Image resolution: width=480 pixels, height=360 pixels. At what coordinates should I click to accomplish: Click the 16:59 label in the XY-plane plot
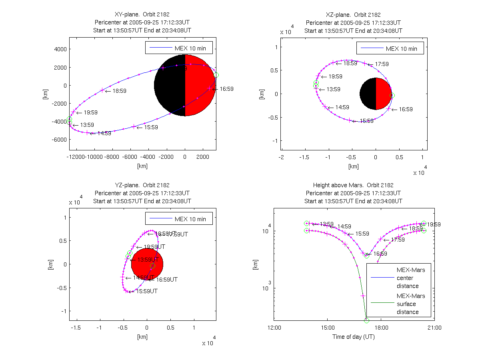coord(226,89)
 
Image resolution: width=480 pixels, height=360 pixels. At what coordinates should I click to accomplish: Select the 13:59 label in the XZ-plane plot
coord(333,90)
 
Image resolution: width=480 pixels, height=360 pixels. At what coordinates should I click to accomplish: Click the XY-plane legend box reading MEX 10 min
coord(178,48)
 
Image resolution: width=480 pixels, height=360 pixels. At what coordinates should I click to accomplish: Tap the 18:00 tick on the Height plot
coord(380,327)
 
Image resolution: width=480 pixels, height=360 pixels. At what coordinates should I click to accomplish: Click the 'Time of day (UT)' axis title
coord(354,337)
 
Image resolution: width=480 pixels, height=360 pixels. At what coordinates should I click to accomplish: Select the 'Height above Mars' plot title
coord(353,185)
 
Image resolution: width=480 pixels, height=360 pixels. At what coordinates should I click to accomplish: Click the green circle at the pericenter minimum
coord(366,320)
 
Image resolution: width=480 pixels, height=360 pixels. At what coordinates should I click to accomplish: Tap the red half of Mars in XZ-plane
coord(383,94)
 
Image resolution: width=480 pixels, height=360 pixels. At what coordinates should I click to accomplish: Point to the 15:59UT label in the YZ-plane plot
coord(147,292)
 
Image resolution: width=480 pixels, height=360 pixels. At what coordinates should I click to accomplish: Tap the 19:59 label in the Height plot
coord(434,224)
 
